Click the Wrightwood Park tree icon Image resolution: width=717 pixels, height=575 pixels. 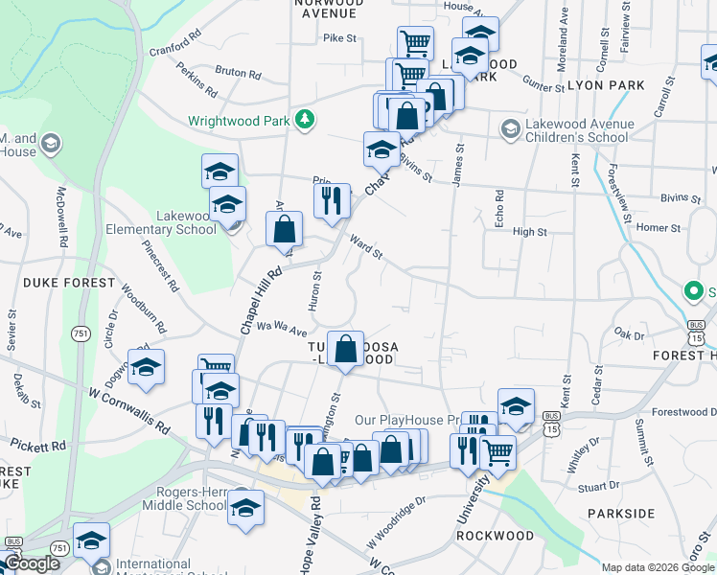pos(305,119)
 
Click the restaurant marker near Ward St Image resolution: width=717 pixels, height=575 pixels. pos(332,201)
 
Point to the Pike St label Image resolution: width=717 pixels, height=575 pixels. pos(339,39)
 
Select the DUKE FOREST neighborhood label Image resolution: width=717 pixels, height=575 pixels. pos(61,283)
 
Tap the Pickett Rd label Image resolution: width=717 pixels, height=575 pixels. pos(38,447)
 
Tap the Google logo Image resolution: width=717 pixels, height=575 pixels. pos(31,563)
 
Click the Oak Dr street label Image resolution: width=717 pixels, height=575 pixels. pos(629,334)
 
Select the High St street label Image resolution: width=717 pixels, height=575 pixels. pos(529,232)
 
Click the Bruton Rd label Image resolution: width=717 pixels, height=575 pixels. pos(232,71)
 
